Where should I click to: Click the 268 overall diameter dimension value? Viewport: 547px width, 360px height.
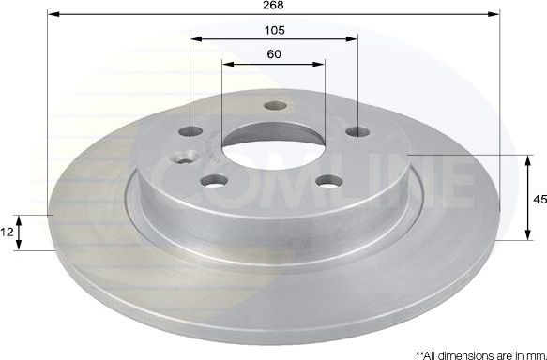(x=273, y=6)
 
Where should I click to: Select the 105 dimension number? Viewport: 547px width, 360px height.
(x=274, y=30)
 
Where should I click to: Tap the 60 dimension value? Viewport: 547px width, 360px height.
(x=274, y=54)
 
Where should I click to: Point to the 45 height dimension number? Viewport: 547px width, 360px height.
(x=539, y=199)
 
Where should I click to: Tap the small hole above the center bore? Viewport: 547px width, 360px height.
(x=274, y=106)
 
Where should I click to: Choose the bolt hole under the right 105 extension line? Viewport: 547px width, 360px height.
(x=356, y=132)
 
